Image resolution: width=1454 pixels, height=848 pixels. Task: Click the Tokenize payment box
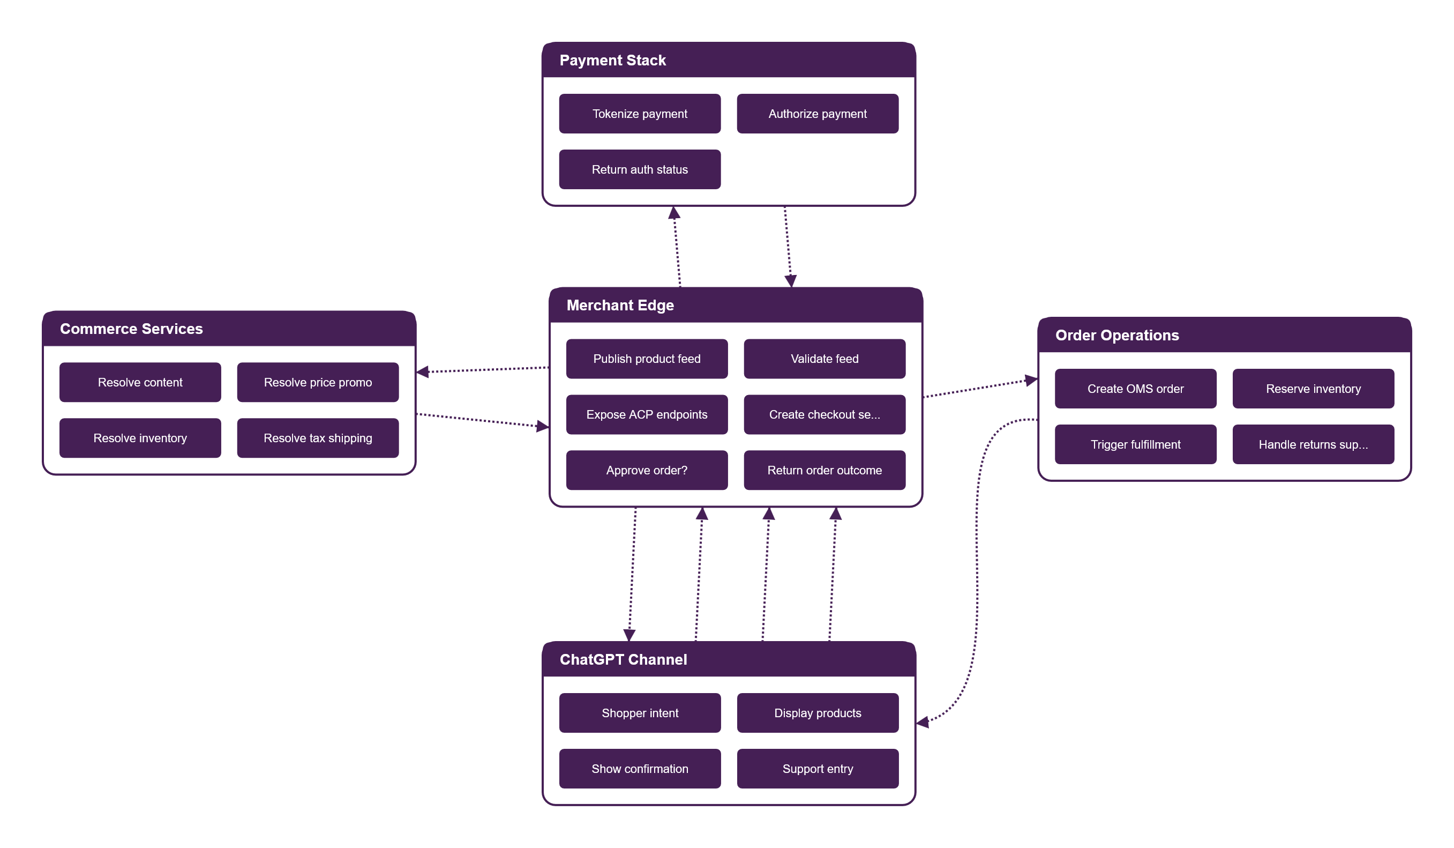coord(640,114)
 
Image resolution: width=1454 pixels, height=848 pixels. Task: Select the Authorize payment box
coord(818,114)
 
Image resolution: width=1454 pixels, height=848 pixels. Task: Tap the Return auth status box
coord(640,170)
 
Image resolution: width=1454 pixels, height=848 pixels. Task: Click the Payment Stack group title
coord(613,60)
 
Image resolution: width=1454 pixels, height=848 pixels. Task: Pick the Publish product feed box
coord(647,359)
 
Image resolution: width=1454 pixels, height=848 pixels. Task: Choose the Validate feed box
coord(825,359)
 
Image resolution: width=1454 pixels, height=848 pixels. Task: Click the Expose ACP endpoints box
coord(647,414)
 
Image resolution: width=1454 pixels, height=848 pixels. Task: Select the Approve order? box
coord(647,471)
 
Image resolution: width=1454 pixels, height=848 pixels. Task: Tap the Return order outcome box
coord(825,471)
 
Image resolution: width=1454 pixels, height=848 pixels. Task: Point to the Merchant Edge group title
coord(620,306)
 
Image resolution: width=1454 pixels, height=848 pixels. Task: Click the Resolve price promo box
coord(318,382)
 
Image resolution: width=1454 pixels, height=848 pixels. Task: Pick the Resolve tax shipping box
coord(318,438)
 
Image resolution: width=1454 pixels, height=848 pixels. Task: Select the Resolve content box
coord(140,382)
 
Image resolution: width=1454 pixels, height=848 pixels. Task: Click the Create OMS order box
coord(1136,389)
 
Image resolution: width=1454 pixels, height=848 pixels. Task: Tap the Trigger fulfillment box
coord(1136,444)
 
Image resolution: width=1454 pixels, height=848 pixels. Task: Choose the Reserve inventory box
coord(1313,389)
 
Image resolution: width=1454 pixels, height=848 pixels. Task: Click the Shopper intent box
coord(640,713)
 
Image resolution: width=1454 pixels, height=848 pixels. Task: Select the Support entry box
coord(818,769)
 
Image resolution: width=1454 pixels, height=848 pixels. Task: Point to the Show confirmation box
coord(640,769)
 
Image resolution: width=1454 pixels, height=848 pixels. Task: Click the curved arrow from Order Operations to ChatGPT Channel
coord(977,571)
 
